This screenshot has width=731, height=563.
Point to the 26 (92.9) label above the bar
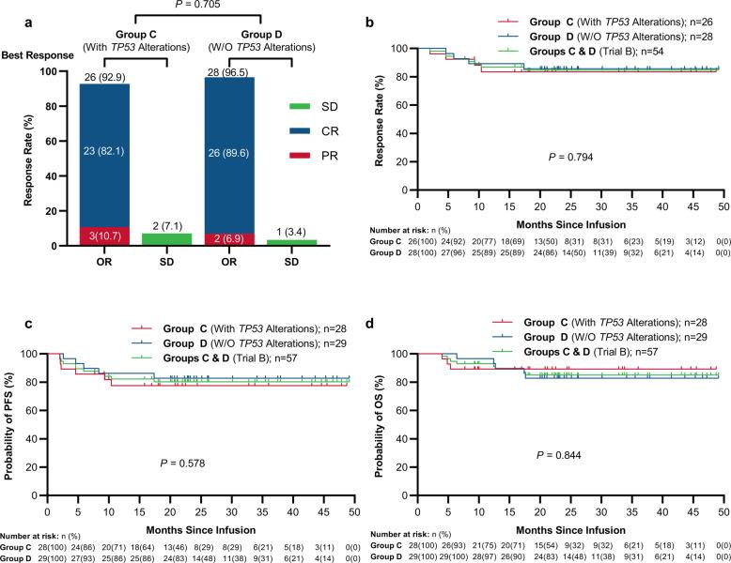point(108,77)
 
